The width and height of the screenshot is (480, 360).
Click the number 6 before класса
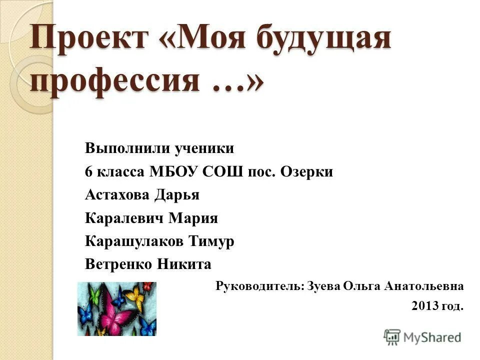point(89,172)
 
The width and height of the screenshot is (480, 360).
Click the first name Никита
point(184,264)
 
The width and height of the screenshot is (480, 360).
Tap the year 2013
point(425,306)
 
